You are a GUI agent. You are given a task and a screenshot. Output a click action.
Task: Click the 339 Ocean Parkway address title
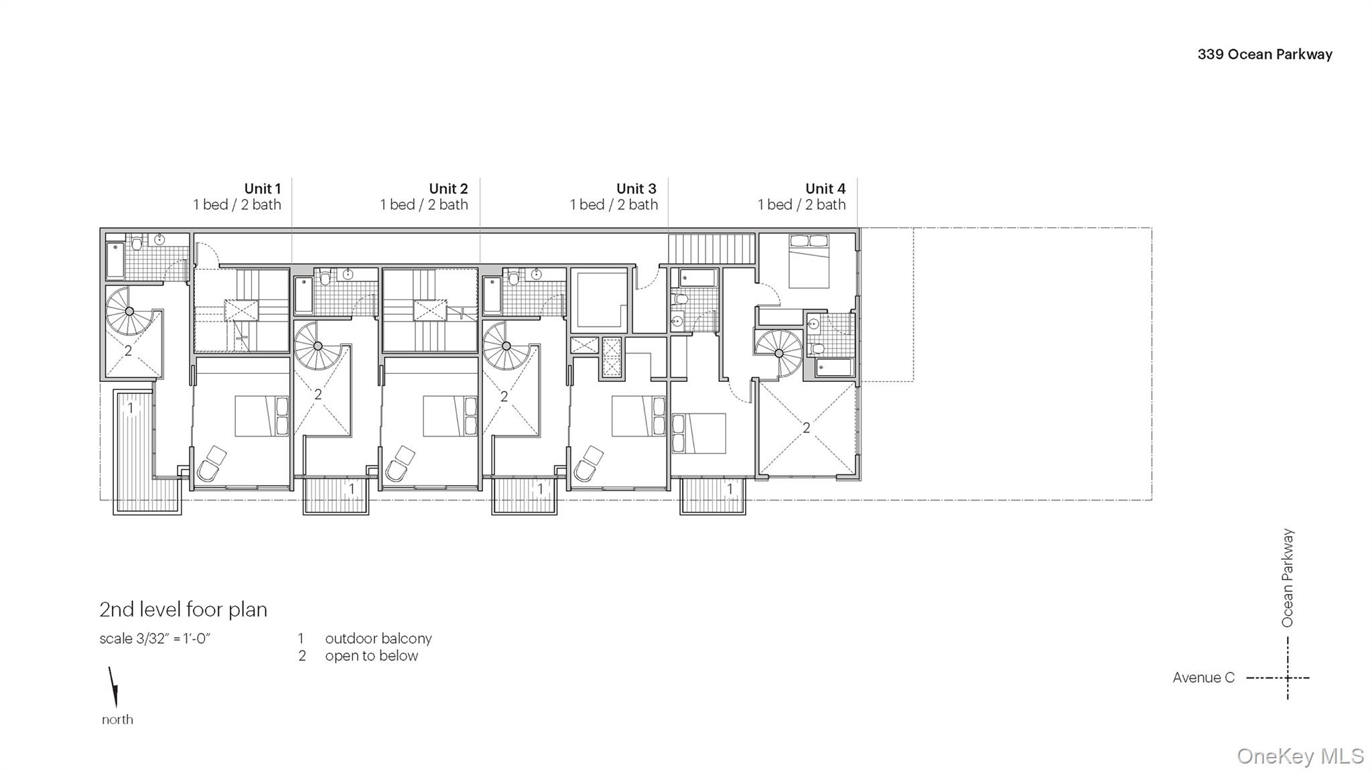coord(1264,55)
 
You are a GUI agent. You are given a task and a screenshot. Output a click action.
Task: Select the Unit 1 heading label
coord(262,189)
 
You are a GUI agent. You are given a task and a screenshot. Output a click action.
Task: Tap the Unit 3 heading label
coord(636,189)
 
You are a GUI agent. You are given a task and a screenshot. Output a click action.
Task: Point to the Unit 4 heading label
coord(825,189)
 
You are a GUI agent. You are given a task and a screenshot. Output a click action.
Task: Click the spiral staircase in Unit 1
coord(129,311)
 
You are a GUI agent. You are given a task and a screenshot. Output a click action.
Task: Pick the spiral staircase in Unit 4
coord(778,352)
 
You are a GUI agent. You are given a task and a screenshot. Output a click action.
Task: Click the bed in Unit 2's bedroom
coord(450,416)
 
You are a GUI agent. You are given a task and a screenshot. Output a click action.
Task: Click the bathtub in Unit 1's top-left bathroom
coord(115,261)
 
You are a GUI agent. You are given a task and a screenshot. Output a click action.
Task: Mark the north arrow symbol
coord(114,687)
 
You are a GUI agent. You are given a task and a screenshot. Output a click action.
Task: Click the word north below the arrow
coord(117,720)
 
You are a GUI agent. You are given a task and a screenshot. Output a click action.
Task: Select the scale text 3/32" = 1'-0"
coord(155,639)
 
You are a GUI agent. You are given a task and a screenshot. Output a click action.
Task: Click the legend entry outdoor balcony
coord(378,639)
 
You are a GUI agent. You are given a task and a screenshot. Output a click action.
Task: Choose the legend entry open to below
coord(371,656)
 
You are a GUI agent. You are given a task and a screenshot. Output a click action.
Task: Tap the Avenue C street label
coord(1203,678)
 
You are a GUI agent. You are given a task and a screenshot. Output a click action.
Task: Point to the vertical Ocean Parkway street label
coord(1288,578)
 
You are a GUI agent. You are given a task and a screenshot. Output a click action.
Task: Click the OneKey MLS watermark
coord(1300,756)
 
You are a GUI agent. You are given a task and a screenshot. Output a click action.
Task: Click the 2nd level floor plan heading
coord(183,610)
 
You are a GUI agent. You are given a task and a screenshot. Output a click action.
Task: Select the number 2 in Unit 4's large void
coord(807,427)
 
